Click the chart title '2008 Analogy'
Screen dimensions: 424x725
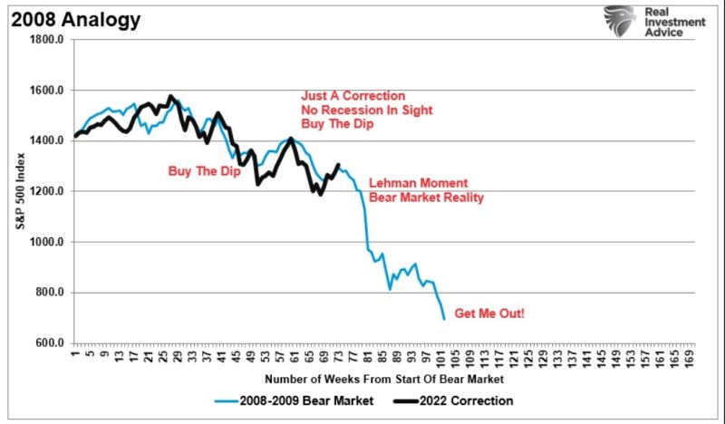click(x=64, y=17)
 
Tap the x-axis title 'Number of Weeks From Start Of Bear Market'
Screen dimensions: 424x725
click(x=380, y=378)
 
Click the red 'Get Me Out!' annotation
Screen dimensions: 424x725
click(x=490, y=313)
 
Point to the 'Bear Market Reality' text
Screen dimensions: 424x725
click(x=426, y=198)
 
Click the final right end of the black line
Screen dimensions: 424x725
click(x=339, y=165)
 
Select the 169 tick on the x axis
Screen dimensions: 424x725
click(x=691, y=356)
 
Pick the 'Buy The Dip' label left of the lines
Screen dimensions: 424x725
click(x=204, y=170)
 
